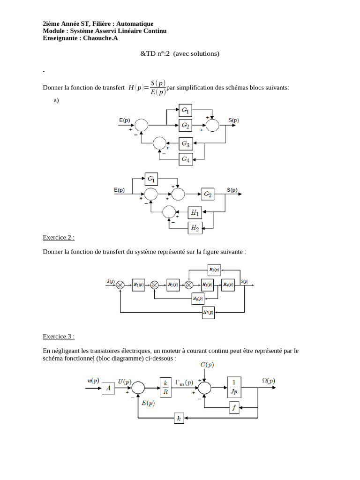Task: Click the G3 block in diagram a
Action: (186, 142)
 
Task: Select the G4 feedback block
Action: (186, 159)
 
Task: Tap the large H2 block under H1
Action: (195, 228)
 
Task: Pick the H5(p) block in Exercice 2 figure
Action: (214, 270)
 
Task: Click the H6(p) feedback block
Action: (198, 298)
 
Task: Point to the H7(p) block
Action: (209, 313)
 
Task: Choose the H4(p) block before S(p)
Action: (228, 285)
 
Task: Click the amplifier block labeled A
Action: (108, 388)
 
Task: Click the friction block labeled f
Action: (235, 407)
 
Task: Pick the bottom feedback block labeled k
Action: (179, 418)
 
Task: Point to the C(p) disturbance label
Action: (207, 364)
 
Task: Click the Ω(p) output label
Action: (268, 381)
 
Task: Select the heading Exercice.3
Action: (59, 336)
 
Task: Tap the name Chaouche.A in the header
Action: (100, 38)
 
